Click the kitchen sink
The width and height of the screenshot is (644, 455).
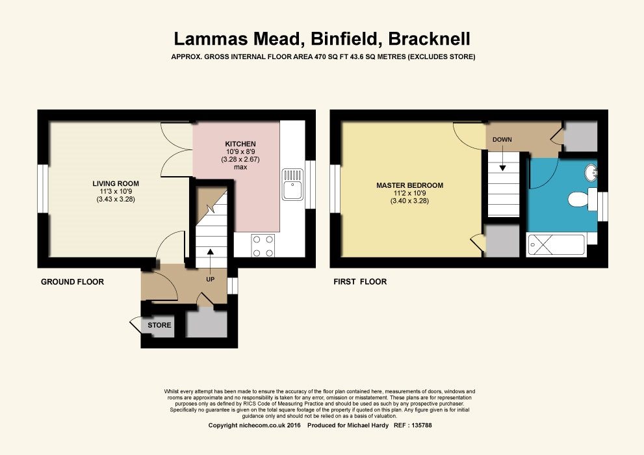tap(292, 185)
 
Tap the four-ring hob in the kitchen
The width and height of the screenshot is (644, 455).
tap(263, 245)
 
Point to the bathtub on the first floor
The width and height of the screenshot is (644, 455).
tap(556, 245)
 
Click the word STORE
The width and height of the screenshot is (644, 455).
tap(159, 325)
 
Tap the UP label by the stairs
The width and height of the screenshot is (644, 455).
tap(211, 279)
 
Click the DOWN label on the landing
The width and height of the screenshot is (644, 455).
tap(502, 140)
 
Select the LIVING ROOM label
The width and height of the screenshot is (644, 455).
tap(116, 183)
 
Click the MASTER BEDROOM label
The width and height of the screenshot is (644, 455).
tap(410, 186)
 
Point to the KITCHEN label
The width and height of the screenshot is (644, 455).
tap(240, 144)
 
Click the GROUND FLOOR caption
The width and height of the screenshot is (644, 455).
tap(72, 281)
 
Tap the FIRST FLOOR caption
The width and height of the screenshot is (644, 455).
tap(360, 281)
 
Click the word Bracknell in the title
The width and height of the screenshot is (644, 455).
tap(429, 39)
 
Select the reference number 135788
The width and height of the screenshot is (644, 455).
tap(419, 426)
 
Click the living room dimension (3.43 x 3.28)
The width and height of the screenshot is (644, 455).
tap(116, 200)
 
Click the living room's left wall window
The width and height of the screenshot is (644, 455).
tap(43, 189)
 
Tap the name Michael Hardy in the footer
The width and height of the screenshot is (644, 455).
tap(368, 426)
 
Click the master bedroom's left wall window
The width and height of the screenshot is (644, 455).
tap(335, 189)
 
